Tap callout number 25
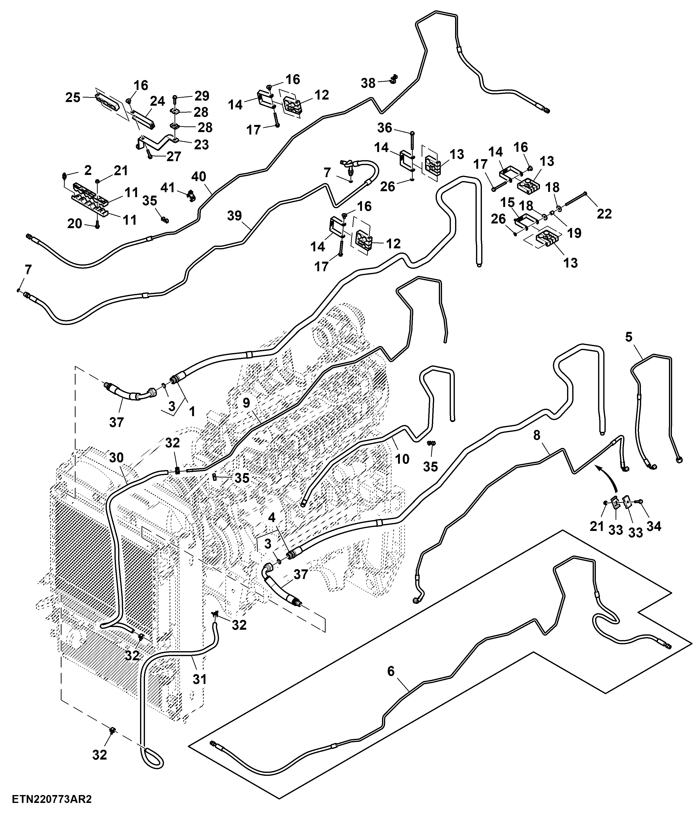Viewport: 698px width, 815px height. click(73, 98)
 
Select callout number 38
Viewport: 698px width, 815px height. click(368, 83)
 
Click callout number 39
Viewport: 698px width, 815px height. click(235, 216)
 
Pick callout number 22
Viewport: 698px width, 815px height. click(604, 214)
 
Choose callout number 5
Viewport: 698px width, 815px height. click(629, 337)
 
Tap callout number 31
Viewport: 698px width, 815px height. click(200, 679)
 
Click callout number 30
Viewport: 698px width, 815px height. click(116, 458)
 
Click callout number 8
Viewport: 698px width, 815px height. click(537, 435)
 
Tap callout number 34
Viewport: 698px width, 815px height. click(654, 526)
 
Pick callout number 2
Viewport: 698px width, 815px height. click(88, 170)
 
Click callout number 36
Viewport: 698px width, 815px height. click(385, 128)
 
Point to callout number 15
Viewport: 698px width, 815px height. click(508, 203)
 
